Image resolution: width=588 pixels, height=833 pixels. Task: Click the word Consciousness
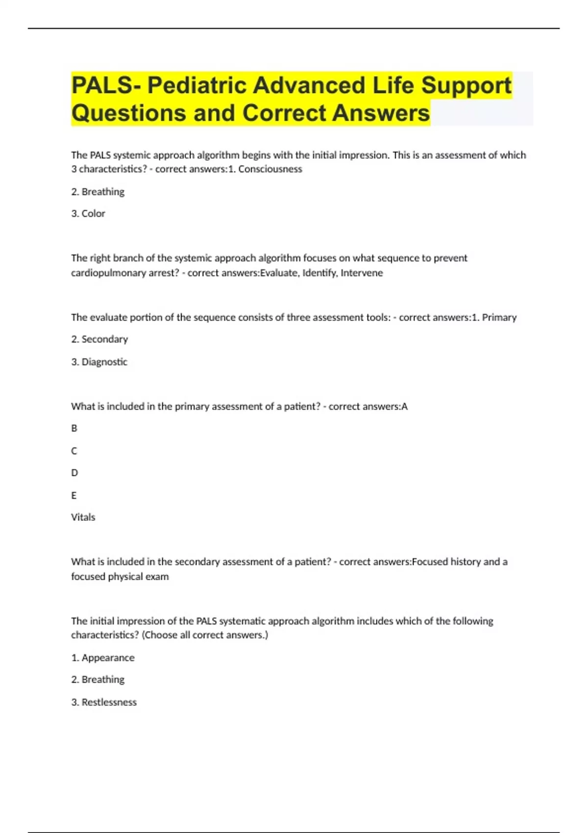pyautogui.click(x=270, y=169)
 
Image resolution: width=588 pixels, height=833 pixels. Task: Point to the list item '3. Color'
pyautogui.click(x=88, y=214)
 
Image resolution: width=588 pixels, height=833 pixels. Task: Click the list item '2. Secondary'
pyautogui.click(x=99, y=339)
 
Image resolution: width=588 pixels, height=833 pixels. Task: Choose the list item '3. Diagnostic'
pyautogui.click(x=99, y=362)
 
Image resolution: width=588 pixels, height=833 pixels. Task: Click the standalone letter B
pyautogui.click(x=74, y=428)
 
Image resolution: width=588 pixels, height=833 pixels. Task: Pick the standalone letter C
pyautogui.click(x=74, y=451)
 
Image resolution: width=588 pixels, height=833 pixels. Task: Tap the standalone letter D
pyautogui.click(x=74, y=473)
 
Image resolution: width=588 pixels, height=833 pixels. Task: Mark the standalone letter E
pyautogui.click(x=74, y=495)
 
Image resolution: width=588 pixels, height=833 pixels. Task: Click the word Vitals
pyautogui.click(x=83, y=517)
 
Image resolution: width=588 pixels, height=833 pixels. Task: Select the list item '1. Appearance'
pyautogui.click(x=103, y=658)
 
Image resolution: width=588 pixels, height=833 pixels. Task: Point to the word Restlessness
pyautogui.click(x=109, y=702)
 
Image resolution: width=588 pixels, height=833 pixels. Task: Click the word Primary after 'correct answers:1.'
pyautogui.click(x=499, y=318)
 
